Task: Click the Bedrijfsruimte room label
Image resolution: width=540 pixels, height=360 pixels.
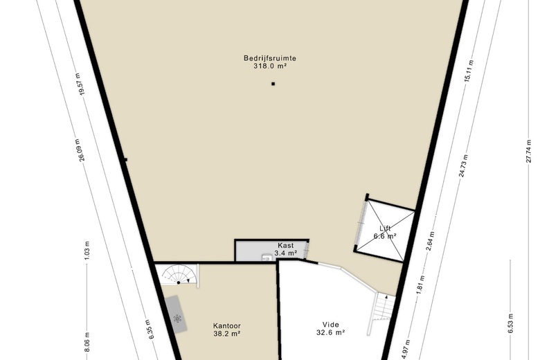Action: pyautogui.click(x=270, y=58)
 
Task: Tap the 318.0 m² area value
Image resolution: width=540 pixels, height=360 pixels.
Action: pyautogui.click(x=270, y=66)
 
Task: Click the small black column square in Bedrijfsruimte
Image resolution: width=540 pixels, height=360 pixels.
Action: pyautogui.click(x=273, y=84)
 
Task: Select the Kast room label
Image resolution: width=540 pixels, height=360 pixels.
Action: pyautogui.click(x=285, y=245)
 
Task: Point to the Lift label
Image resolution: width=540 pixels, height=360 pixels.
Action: pyautogui.click(x=385, y=228)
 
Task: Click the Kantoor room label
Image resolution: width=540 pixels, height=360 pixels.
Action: pyautogui.click(x=226, y=325)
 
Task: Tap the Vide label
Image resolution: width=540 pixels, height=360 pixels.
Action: pyautogui.click(x=331, y=325)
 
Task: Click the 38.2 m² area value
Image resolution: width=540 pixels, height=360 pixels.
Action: pyautogui.click(x=226, y=334)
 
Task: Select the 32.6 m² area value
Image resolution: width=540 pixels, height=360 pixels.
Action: pyautogui.click(x=331, y=332)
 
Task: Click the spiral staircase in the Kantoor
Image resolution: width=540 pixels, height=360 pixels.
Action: pyautogui.click(x=180, y=275)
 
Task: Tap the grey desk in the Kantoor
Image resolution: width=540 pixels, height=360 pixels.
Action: pyautogui.click(x=176, y=314)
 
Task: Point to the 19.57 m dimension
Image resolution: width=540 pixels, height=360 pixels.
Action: pyautogui.click(x=80, y=84)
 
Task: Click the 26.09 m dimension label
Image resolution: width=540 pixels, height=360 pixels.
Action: pyautogui.click(x=79, y=150)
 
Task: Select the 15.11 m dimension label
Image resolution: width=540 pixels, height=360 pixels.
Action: pyautogui.click(x=469, y=71)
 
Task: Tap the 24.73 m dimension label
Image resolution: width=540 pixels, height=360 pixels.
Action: pyautogui.click(x=463, y=165)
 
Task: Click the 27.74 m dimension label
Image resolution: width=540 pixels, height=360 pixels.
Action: pyautogui.click(x=529, y=150)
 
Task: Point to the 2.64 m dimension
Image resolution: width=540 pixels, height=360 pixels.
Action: pyautogui.click(x=430, y=241)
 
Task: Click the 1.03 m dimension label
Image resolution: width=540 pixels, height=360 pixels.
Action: pyautogui.click(x=87, y=250)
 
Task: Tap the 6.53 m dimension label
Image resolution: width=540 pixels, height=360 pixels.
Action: pyautogui.click(x=510, y=323)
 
